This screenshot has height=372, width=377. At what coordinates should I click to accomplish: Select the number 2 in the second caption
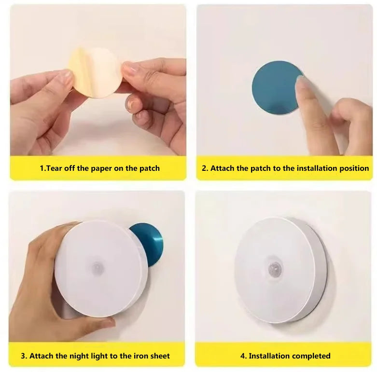point(204,168)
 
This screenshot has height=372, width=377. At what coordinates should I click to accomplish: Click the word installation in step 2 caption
point(319,168)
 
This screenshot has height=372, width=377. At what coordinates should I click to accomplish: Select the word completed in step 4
point(311,356)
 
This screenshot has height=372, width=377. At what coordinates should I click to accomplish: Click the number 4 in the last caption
point(242,356)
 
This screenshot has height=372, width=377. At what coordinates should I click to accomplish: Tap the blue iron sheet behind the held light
point(150,241)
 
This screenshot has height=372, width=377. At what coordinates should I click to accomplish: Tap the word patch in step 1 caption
point(148,168)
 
